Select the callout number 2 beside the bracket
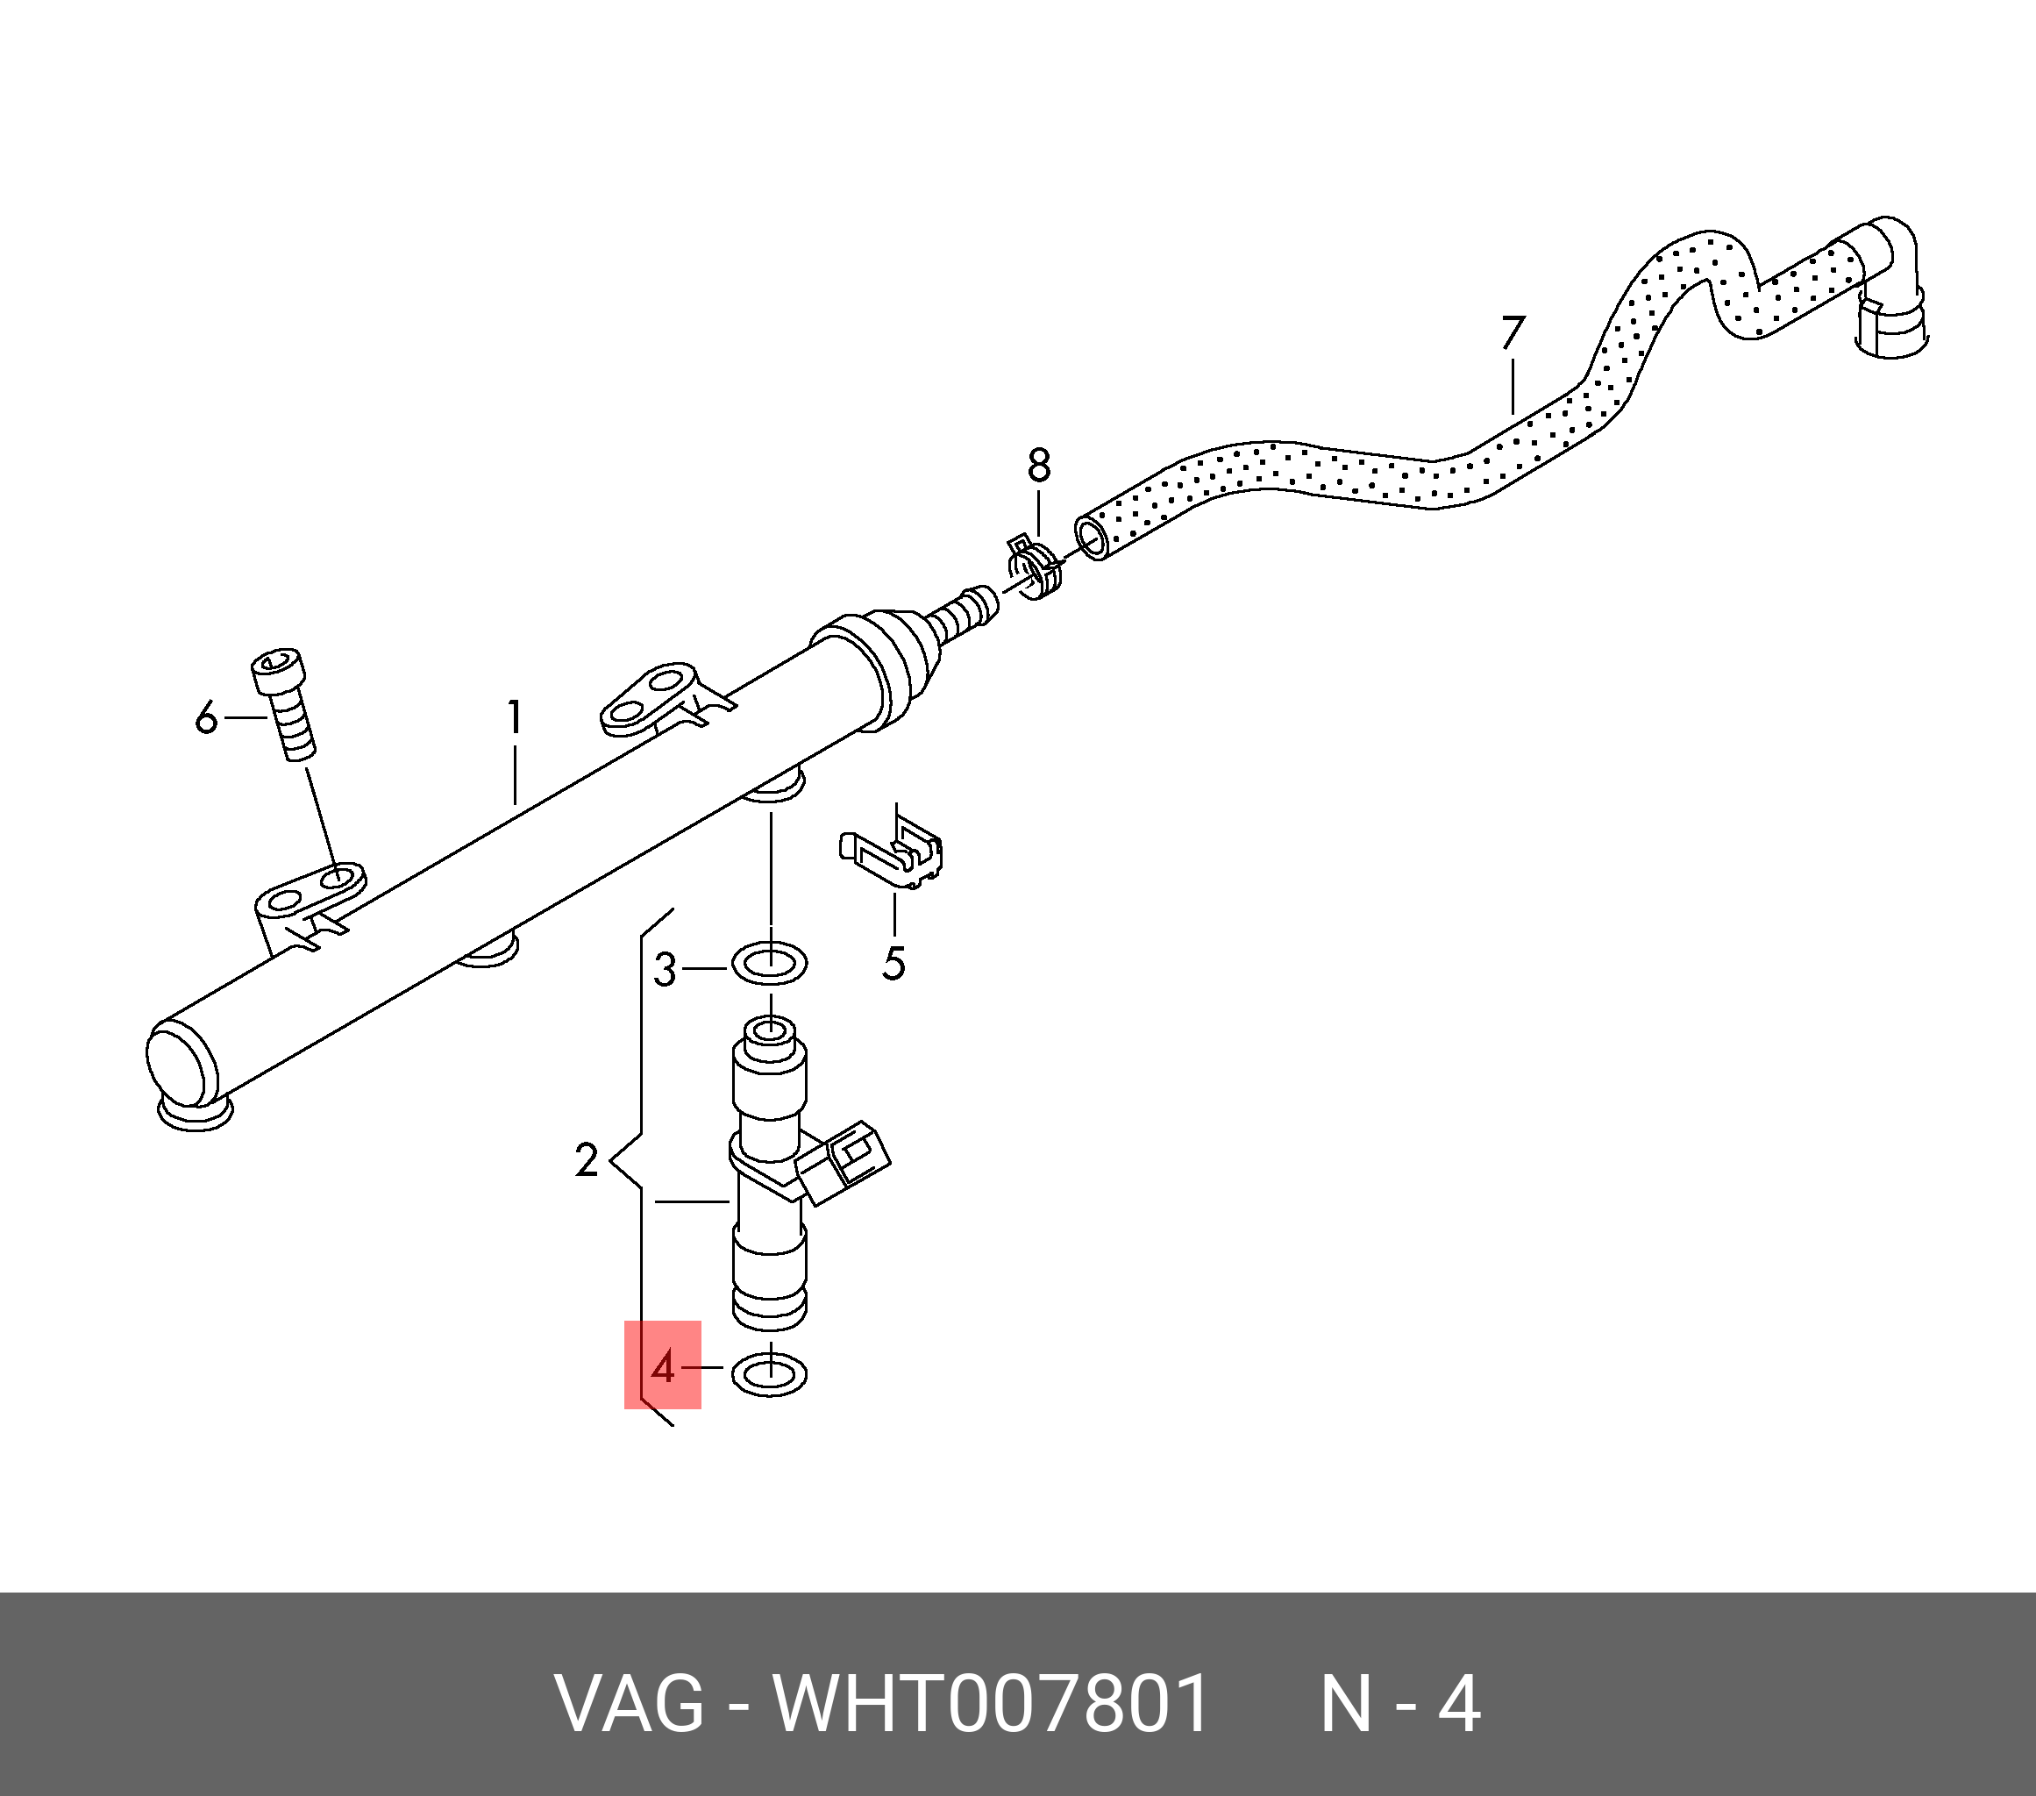[x=587, y=1160]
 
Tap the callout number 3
[x=665, y=969]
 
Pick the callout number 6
[x=206, y=717]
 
